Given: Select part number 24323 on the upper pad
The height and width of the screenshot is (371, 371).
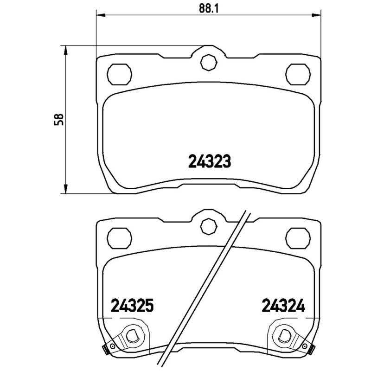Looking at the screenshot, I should (210, 162).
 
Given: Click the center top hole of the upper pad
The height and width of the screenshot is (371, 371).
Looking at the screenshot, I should (208, 62).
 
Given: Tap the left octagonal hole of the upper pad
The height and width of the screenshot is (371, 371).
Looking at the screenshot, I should (120, 73).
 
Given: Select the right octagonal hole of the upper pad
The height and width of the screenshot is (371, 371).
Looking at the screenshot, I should (298, 73).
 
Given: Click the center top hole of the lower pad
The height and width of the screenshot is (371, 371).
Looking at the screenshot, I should (208, 225).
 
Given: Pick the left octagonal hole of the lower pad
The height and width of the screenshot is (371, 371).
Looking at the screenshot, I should (120, 237).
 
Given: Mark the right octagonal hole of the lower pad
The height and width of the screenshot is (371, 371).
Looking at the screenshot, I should (298, 237).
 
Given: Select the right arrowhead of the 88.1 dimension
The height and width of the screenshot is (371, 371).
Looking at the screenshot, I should (318, 16).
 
